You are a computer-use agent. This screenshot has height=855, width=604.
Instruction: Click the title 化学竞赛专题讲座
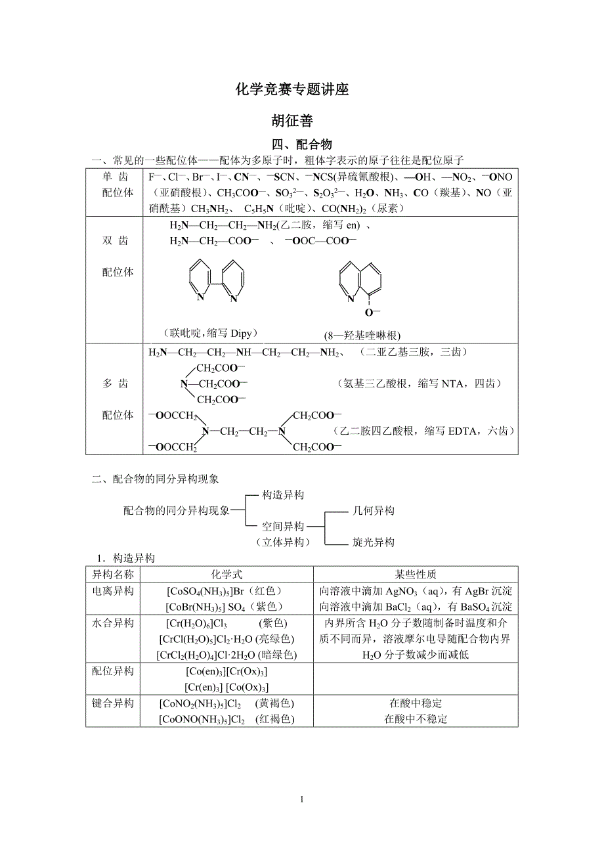(x=292, y=90)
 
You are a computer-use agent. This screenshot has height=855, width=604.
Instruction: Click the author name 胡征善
(x=292, y=121)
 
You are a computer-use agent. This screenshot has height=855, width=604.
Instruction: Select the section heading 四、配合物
(x=302, y=144)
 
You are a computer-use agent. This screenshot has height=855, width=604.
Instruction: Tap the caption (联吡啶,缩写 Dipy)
(x=209, y=332)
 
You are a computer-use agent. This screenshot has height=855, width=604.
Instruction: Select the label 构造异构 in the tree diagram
(x=283, y=494)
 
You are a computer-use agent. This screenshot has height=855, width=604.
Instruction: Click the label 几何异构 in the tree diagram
(x=374, y=510)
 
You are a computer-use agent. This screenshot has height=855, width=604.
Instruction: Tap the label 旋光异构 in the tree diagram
(x=374, y=542)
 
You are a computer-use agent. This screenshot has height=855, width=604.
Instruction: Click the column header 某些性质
(x=415, y=574)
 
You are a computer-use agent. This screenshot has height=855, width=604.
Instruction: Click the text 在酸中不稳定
(x=415, y=719)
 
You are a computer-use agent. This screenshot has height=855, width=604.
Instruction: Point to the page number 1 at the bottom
(x=301, y=799)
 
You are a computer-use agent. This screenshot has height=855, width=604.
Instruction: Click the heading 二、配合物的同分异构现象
(x=155, y=479)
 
